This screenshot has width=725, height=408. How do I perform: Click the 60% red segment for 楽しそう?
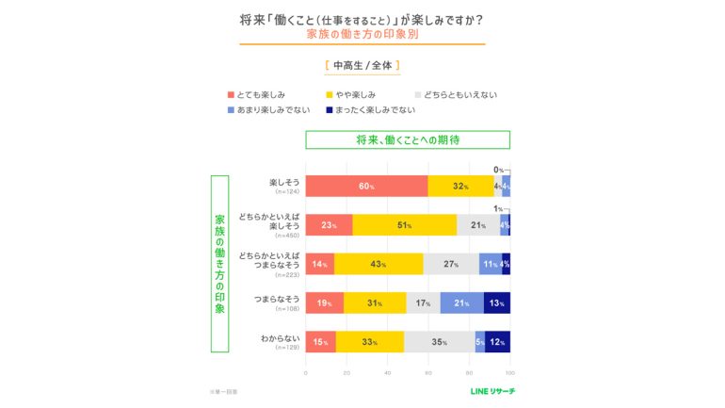pos(366,186)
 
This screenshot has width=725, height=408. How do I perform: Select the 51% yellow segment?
pos(405,225)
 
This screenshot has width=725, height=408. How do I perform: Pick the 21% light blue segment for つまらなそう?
pos(461,302)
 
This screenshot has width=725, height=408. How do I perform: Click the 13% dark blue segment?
pos(497,302)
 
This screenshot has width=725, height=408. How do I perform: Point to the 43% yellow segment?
pos(379,264)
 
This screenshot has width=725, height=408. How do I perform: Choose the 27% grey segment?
pos(451,264)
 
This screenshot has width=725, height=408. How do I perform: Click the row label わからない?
pos(279,337)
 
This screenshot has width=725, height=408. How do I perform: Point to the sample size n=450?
pos(285,237)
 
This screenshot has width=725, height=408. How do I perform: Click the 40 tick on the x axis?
pos(387,372)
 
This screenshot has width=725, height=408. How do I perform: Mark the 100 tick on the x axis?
pos(510,372)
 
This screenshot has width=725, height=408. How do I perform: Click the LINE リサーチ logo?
pos(492,390)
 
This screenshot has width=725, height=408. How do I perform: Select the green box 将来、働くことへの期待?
pos(407,139)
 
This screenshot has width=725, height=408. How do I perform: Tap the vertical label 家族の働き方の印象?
pos(219,264)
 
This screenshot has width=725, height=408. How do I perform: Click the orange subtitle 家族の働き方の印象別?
pos(362,34)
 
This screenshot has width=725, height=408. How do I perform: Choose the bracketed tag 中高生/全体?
pos(362,66)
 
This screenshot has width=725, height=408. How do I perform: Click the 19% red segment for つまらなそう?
pos(324,302)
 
